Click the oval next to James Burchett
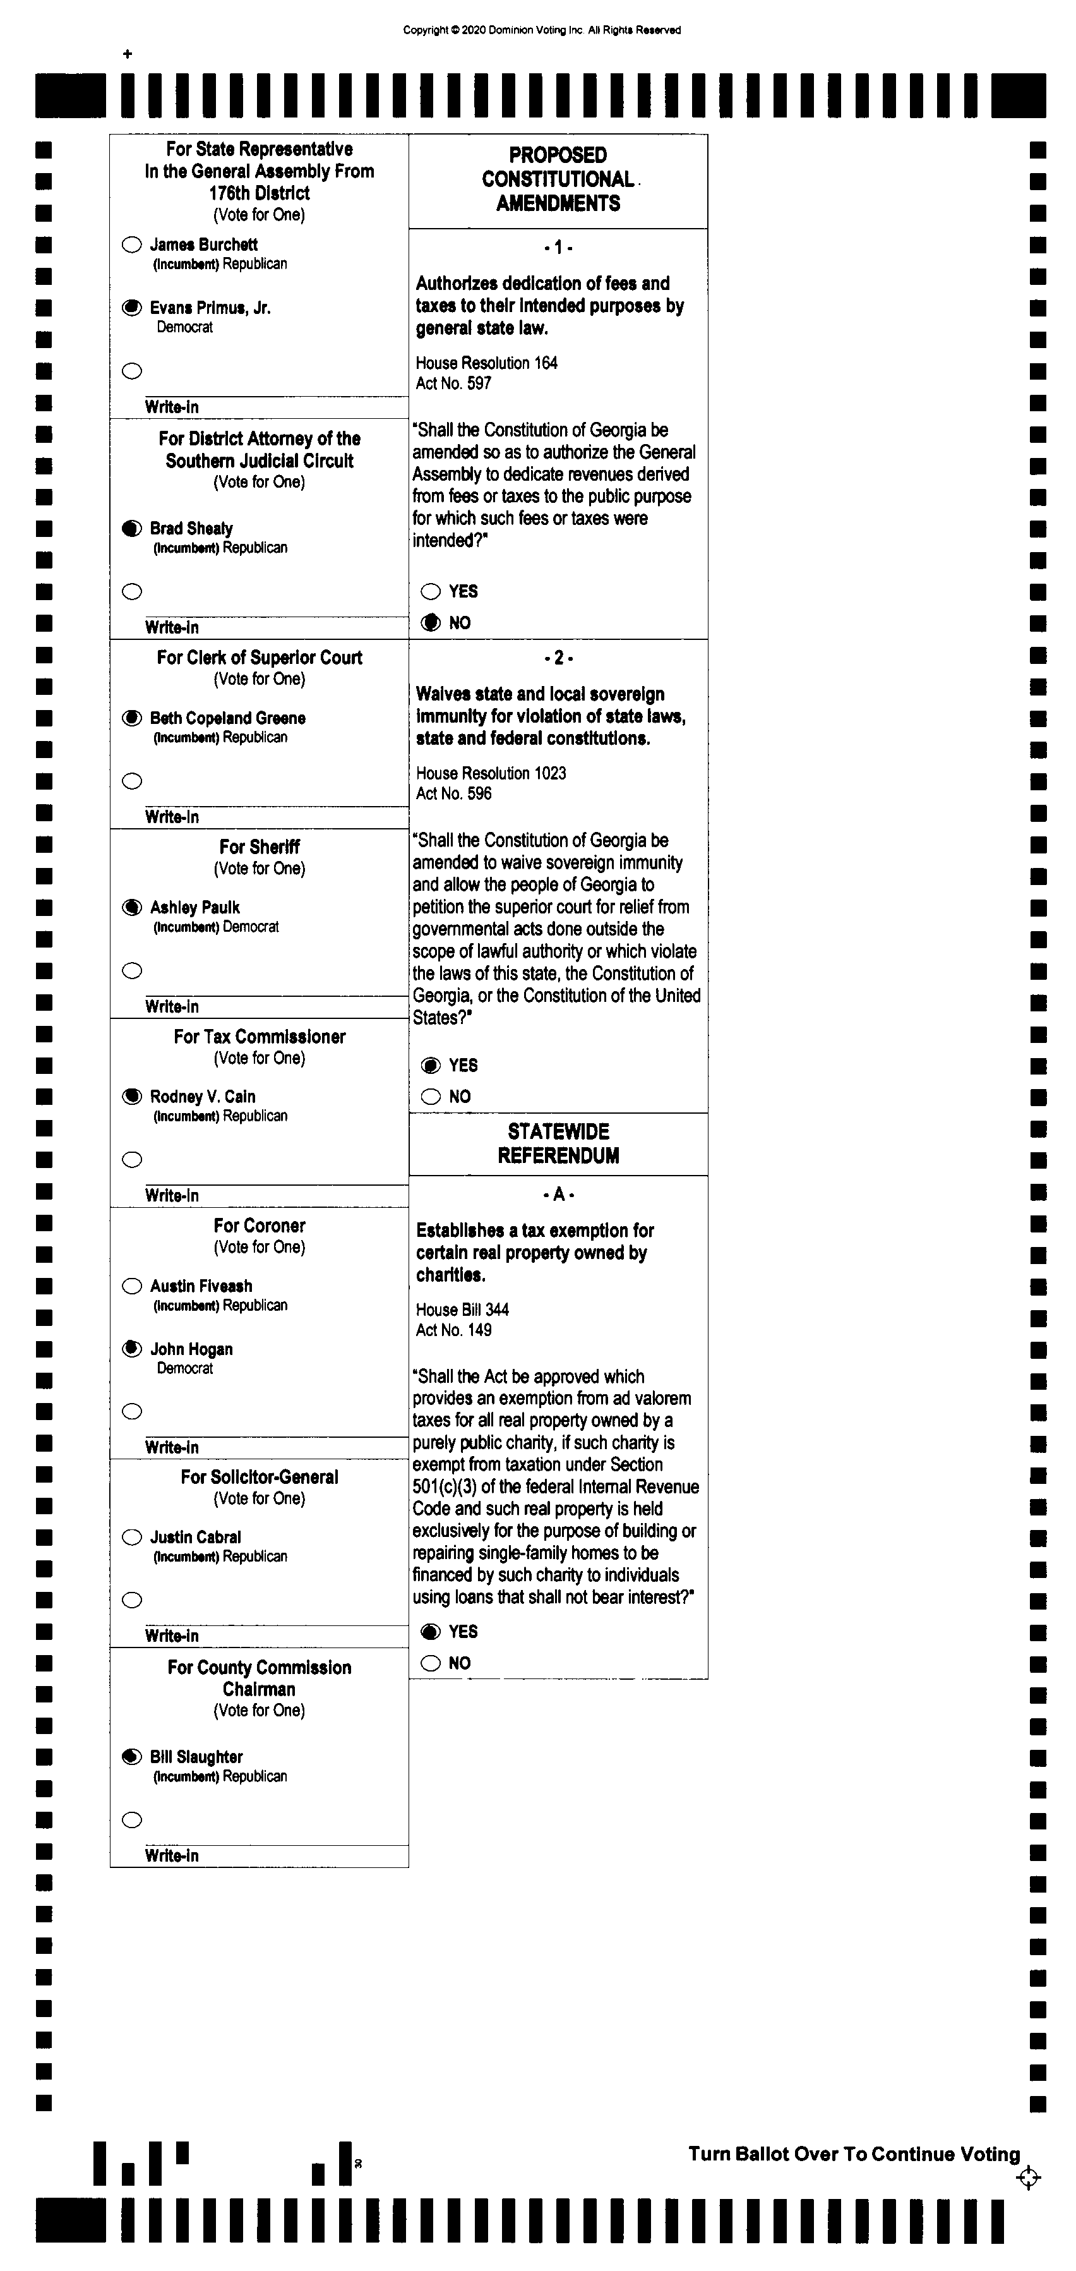132,245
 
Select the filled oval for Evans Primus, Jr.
132,308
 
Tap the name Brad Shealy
191,528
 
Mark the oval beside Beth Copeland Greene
132,718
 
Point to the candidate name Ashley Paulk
194,907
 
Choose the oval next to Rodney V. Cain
132,1097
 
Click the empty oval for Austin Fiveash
132,1286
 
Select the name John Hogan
191,1349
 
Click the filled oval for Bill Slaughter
132,1757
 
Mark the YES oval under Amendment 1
431,591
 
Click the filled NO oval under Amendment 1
431,622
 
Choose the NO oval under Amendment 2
431,1097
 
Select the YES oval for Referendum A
431,1632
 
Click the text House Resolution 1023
491,773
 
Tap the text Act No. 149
454,1330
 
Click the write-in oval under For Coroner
132,1411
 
